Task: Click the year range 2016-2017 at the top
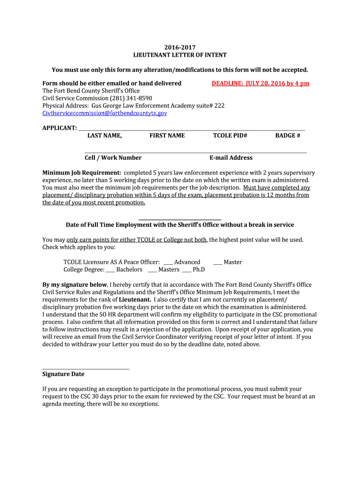tap(180, 47)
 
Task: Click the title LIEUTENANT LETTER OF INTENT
tap(180, 55)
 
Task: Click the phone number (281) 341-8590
tap(132, 98)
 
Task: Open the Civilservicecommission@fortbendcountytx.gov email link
tap(105, 113)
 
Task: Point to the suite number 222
tap(219, 106)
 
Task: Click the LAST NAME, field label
tap(105, 136)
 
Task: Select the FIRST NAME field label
tap(167, 136)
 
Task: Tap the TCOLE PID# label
tap(230, 136)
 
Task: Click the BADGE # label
tap(288, 136)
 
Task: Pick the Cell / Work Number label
tap(113, 158)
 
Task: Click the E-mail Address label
tap(231, 158)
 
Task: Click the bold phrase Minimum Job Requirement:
tap(82, 173)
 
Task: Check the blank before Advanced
tap(168, 263)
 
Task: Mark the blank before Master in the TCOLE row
tap(217, 263)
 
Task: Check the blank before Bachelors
tap(110, 270)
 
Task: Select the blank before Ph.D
tap(186, 270)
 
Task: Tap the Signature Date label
tap(64, 374)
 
